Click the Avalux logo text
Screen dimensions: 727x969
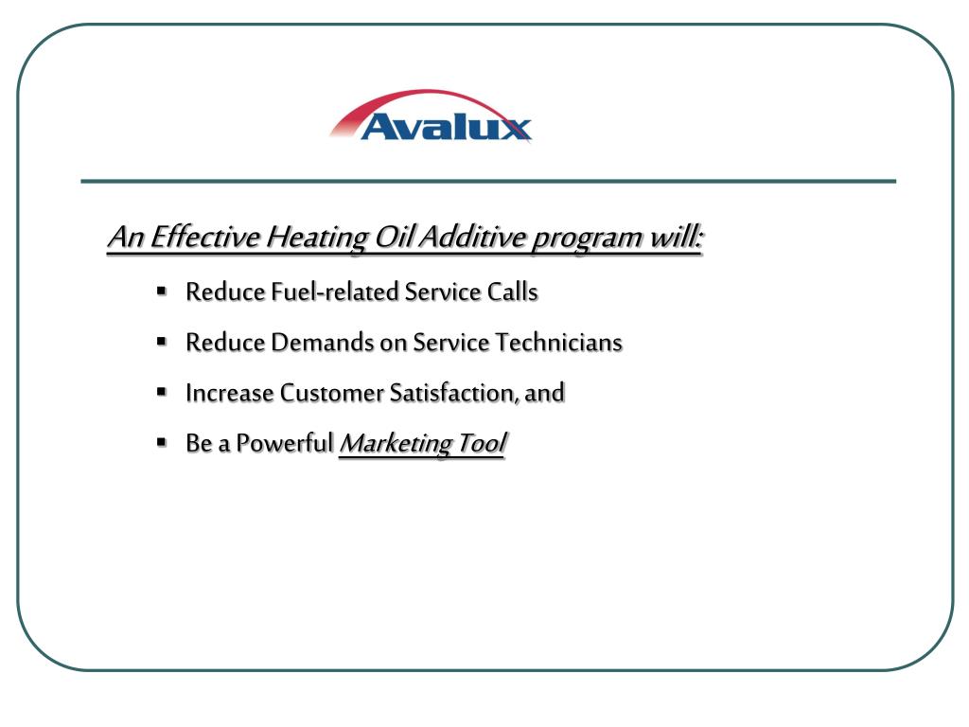(446, 127)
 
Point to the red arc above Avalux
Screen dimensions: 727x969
(416, 99)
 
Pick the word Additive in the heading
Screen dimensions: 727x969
(471, 237)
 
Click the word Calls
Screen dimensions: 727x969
(512, 292)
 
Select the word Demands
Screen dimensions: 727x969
(323, 342)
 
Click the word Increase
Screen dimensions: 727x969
(229, 392)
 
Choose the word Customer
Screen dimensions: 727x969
(331, 392)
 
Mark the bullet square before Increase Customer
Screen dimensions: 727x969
(162, 390)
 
